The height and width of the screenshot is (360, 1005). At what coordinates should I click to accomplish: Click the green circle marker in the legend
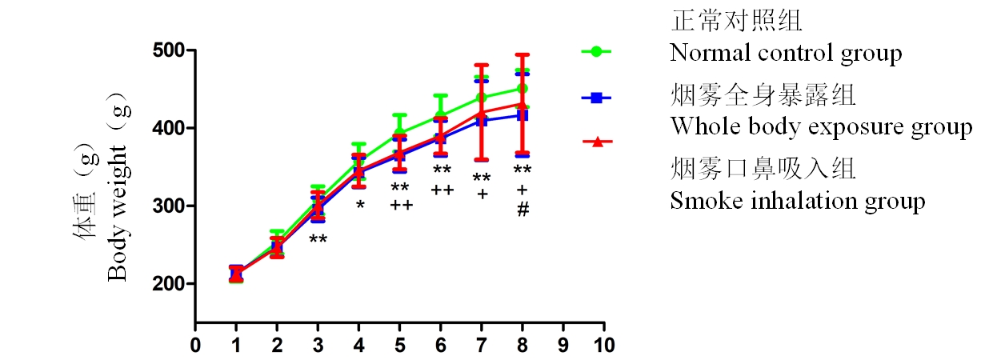596,52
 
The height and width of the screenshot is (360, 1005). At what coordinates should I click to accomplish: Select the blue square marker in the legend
596,98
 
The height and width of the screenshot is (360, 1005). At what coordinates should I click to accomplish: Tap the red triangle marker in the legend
596,142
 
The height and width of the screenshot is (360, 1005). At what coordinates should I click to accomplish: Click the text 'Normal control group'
786,54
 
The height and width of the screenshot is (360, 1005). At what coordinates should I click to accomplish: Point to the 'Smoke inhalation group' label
797,200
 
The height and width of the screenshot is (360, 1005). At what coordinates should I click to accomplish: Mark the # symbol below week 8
523,210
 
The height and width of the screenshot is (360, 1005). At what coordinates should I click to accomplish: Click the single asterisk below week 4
360,206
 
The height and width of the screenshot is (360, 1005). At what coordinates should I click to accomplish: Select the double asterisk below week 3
318,239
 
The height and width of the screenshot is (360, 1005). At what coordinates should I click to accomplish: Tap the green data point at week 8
523,88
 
